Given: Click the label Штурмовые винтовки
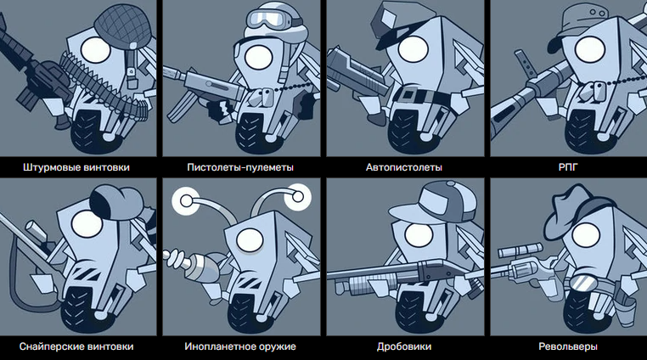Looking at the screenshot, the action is pos(76,167).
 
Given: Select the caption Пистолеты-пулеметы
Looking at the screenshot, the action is pos(240,167).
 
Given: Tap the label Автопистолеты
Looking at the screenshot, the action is pos(404,167).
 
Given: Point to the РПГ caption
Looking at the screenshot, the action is pos(568,167).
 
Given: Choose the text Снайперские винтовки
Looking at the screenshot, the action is pos(76,346).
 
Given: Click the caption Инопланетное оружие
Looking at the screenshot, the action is pos(240,346).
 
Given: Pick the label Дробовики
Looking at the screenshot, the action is pos(404,346).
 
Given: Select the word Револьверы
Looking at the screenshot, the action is pos(568,346).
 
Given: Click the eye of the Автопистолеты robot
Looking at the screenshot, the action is pos(414,48).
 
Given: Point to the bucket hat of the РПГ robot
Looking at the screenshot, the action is pos(582,21).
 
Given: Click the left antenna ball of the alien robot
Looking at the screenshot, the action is pos(186,201).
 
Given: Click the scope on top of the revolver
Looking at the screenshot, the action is pos(520,250).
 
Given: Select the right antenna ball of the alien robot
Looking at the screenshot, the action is pos(298,197).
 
